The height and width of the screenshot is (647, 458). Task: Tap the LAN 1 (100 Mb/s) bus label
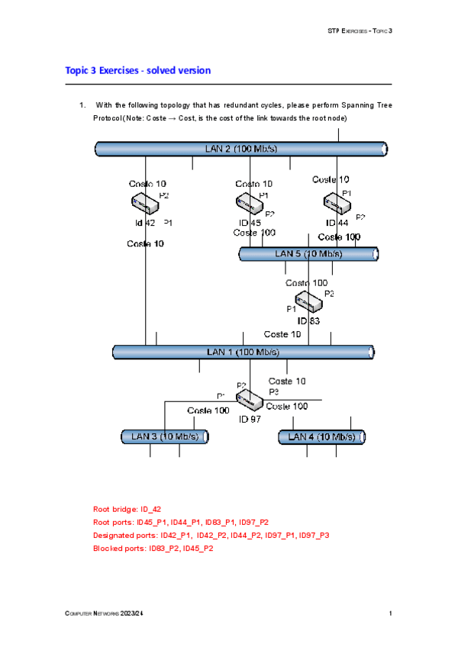point(243,352)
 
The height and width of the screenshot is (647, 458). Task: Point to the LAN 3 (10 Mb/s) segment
point(165,436)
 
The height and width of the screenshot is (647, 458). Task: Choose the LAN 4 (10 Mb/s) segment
point(321,436)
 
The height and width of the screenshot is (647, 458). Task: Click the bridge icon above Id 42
point(144,202)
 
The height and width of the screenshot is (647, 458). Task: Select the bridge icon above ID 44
point(335,202)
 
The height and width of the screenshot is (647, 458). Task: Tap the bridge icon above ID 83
point(308,302)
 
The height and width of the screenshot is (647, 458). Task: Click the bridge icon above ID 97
point(250,398)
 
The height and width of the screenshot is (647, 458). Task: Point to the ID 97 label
point(250,419)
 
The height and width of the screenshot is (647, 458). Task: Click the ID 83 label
point(308,321)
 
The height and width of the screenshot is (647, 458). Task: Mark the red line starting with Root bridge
point(127,509)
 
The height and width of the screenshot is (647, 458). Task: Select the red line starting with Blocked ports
point(153,548)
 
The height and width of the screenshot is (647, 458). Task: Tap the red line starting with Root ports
point(180,522)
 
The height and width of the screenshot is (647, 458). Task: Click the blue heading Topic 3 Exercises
point(138,70)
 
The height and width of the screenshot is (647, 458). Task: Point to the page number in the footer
point(390,614)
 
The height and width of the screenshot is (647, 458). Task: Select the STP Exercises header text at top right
point(358,31)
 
